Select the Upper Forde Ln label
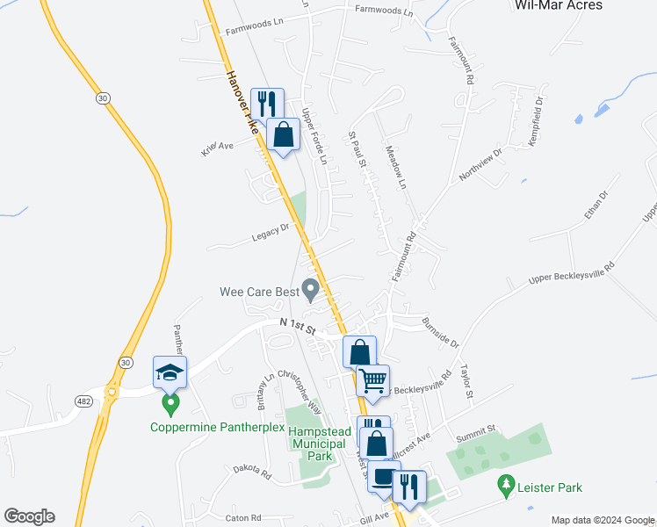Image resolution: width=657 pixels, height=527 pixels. [x=313, y=136]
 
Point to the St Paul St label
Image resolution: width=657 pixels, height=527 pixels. [x=358, y=149]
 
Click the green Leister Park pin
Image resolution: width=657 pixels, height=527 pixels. [x=505, y=483]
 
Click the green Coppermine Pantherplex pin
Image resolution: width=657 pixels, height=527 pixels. [x=171, y=405]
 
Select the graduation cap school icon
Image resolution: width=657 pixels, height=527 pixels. [x=170, y=372]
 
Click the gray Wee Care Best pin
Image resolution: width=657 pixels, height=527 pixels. [x=310, y=288]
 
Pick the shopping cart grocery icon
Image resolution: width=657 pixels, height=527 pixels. [x=373, y=381]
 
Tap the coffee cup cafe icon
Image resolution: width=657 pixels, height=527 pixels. [x=383, y=477]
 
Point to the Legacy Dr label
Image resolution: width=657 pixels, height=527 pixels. [x=271, y=230]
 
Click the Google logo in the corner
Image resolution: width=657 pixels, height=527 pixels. [x=29, y=516]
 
